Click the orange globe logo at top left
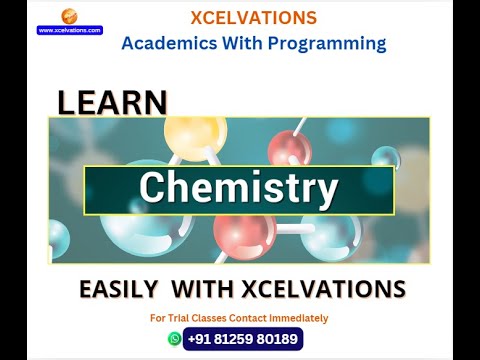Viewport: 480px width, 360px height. [x=69, y=15]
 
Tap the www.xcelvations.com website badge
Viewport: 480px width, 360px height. [x=70, y=30]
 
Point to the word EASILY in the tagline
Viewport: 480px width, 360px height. [x=118, y=290]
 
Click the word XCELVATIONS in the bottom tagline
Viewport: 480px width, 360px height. [x=322, y=290]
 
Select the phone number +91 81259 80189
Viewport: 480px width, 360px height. [x=243, y=339]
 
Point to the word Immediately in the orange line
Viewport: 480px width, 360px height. [x=299, y=318]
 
